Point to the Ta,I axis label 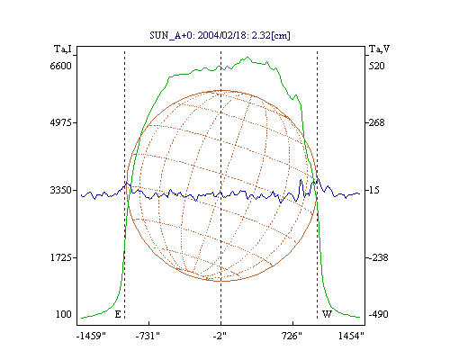(63, 49)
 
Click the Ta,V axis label (380, 49)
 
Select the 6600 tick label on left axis (60, 66)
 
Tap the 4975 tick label (60, 122)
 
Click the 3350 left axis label (60, 190)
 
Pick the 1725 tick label (60, 257)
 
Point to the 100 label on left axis (64, 314)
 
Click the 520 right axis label (377, 66)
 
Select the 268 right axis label (377, 122)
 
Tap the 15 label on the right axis (374, 190)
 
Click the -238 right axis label (379, 257)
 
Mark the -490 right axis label (379, 314)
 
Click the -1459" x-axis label (91, 336)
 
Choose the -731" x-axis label (148, 336)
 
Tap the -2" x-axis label (220, 336)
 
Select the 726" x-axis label (292, 336)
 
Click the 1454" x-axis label (351, 336)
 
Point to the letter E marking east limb (118, 314)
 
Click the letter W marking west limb (327, 314)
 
